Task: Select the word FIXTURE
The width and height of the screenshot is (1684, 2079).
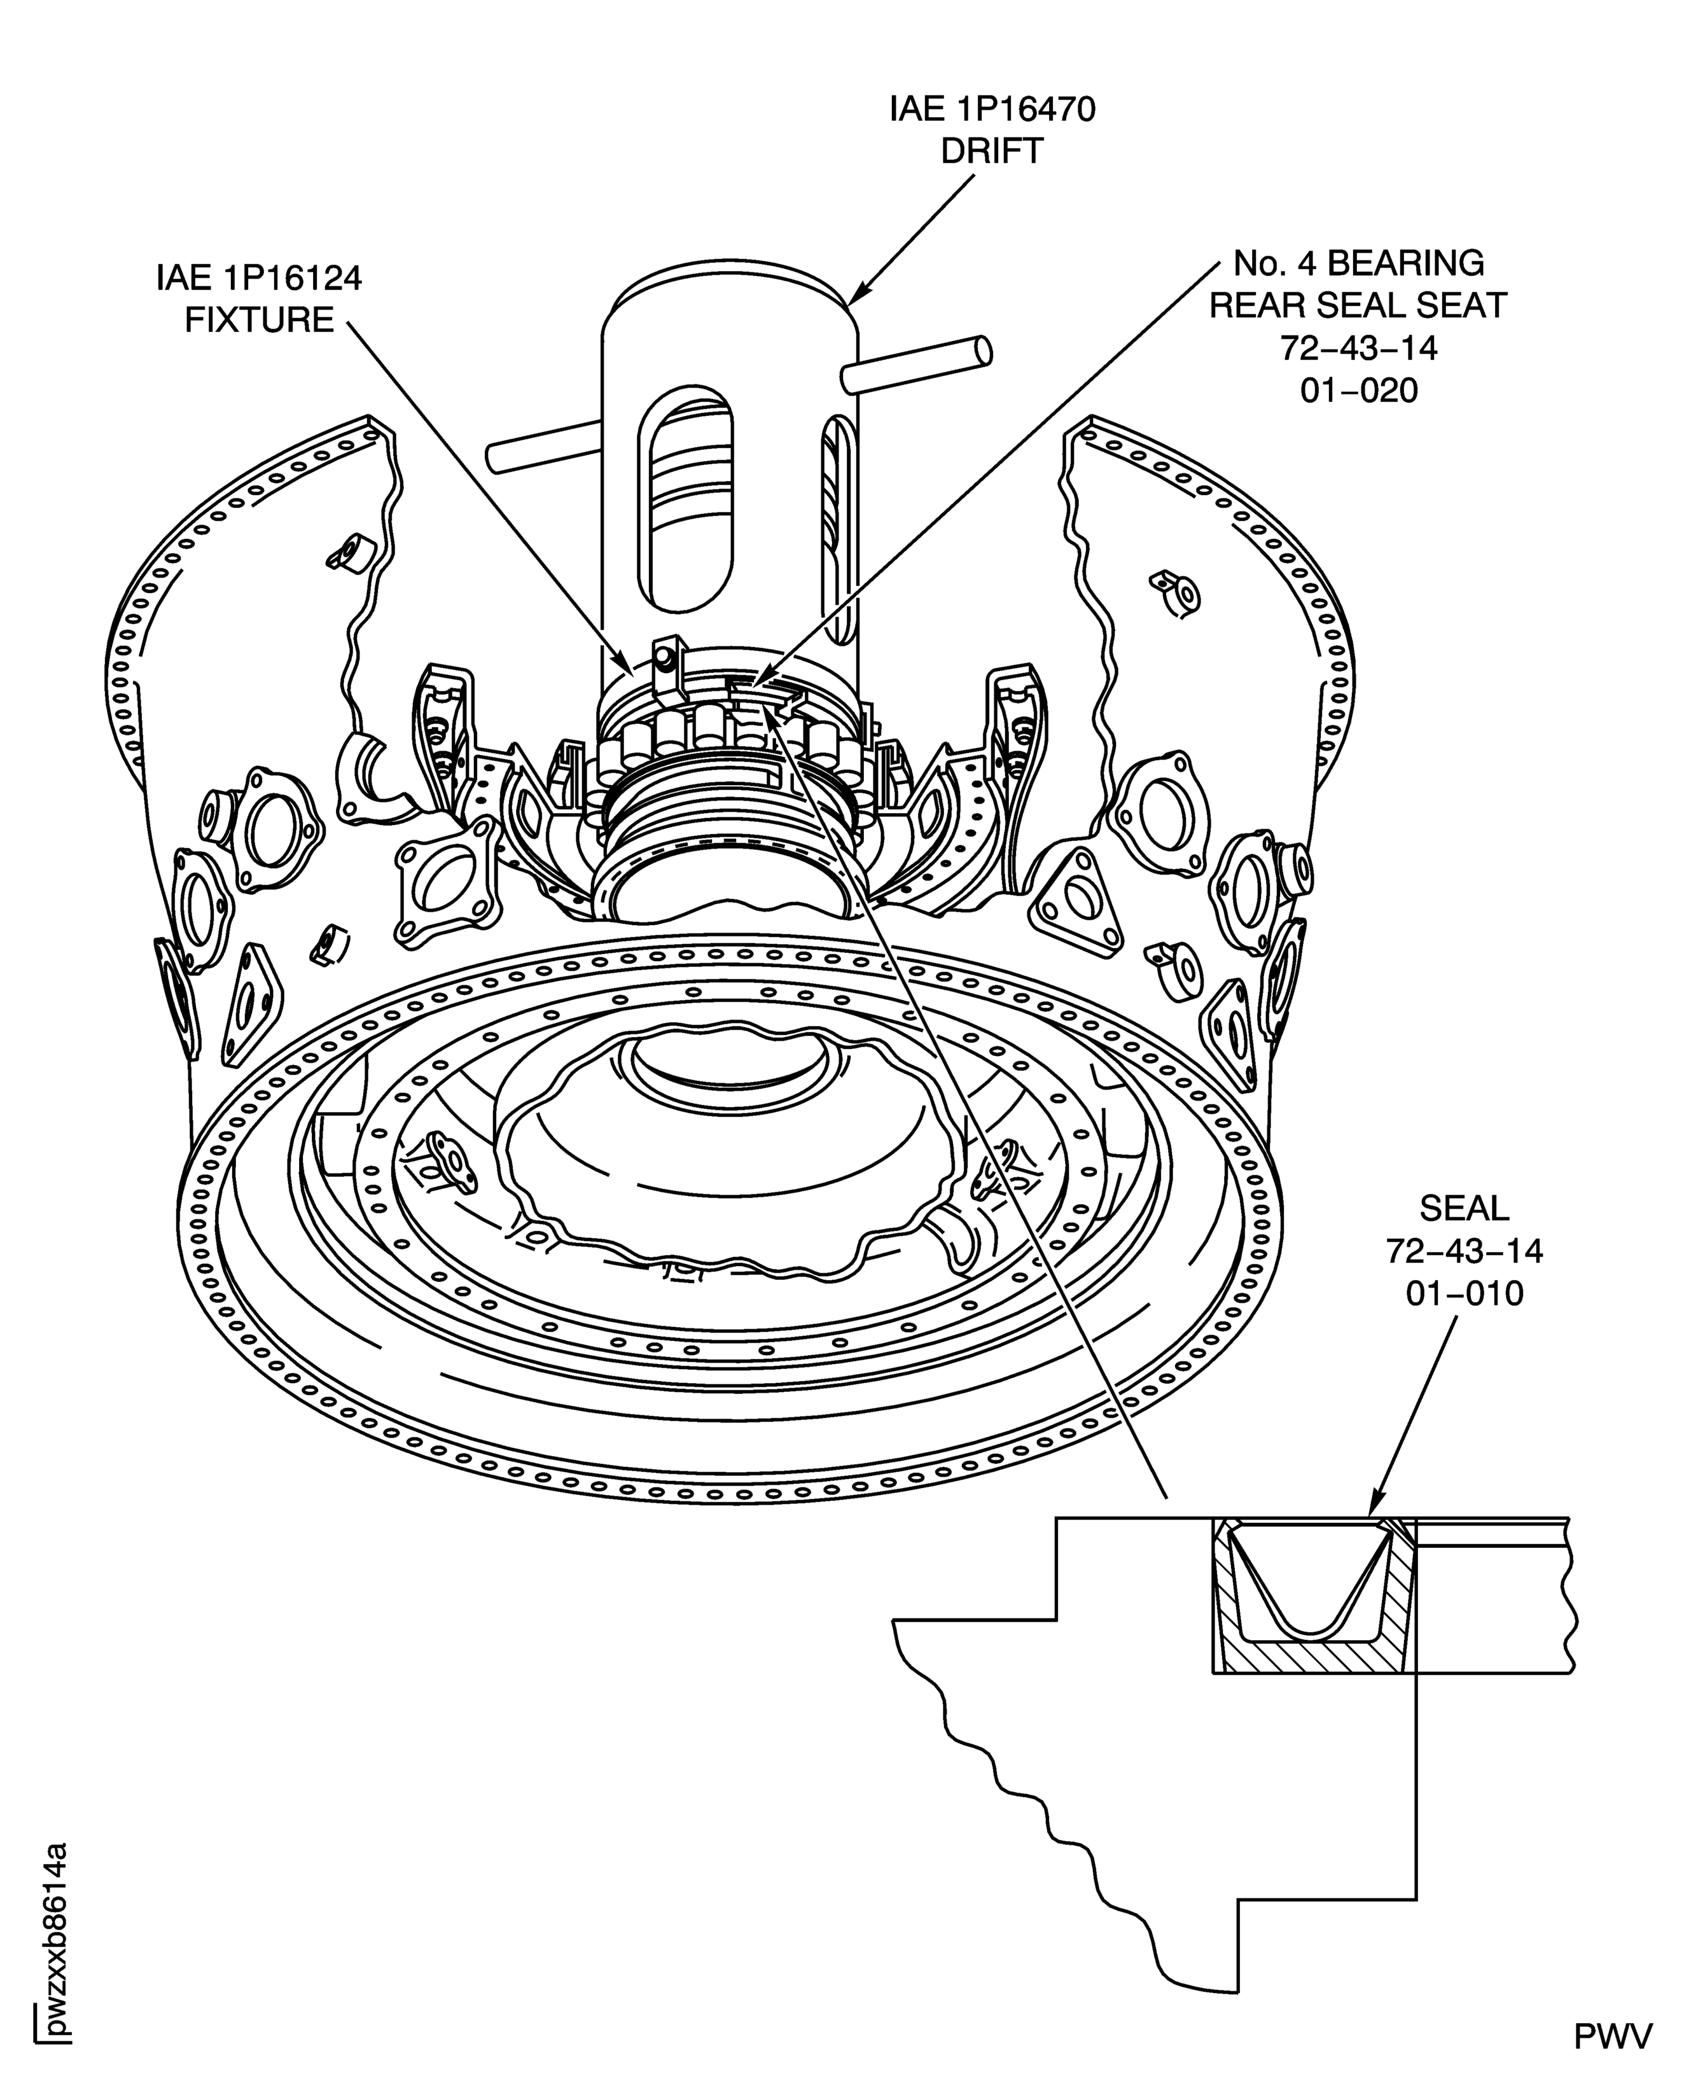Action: tap(259, 319)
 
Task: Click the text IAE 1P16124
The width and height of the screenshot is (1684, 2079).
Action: tap(259, 279)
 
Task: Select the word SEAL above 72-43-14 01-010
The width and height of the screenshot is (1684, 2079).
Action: tap(1464, 1209)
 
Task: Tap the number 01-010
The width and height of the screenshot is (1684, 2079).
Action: tap(1464, 1293)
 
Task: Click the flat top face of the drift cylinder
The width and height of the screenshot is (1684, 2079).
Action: tap(730, 291)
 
